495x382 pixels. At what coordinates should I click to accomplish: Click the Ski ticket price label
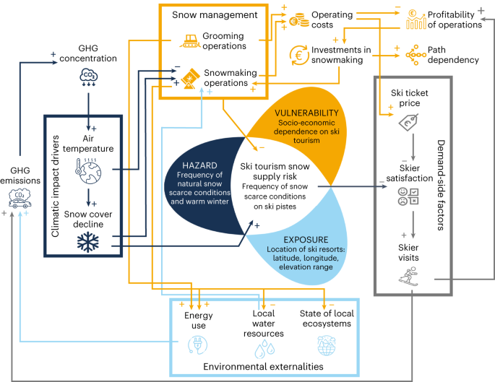[409, 97]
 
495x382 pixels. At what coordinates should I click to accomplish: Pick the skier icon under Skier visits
[409, 276]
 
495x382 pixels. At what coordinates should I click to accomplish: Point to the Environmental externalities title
[263, 368]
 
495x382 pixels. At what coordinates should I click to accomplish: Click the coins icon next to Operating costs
[298, 22]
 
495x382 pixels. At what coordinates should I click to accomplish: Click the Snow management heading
[205, 14]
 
